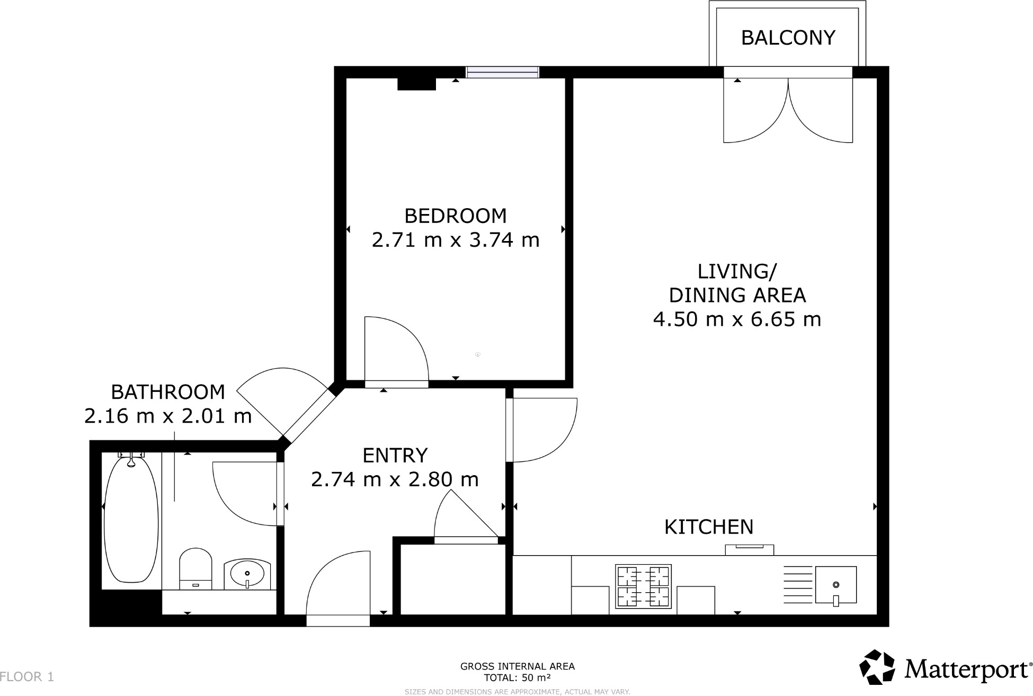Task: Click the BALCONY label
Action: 788,38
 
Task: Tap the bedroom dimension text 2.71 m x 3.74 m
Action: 456,240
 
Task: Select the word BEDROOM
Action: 456,216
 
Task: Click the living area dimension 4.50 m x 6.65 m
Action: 737,319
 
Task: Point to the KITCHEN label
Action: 709,527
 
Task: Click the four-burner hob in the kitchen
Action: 643,586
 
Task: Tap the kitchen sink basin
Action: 836,585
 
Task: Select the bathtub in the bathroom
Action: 131,521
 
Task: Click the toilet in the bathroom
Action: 195,569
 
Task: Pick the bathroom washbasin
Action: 247,574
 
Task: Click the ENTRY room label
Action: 395,456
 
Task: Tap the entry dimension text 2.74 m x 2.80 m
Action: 395,479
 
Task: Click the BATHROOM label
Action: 168,392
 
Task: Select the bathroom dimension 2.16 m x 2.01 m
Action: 168,416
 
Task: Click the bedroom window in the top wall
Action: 502,72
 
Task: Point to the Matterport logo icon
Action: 878,667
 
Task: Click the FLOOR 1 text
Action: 27,676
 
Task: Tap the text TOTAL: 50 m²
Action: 517,677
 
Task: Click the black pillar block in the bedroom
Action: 416,84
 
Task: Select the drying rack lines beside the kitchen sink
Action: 798,585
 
